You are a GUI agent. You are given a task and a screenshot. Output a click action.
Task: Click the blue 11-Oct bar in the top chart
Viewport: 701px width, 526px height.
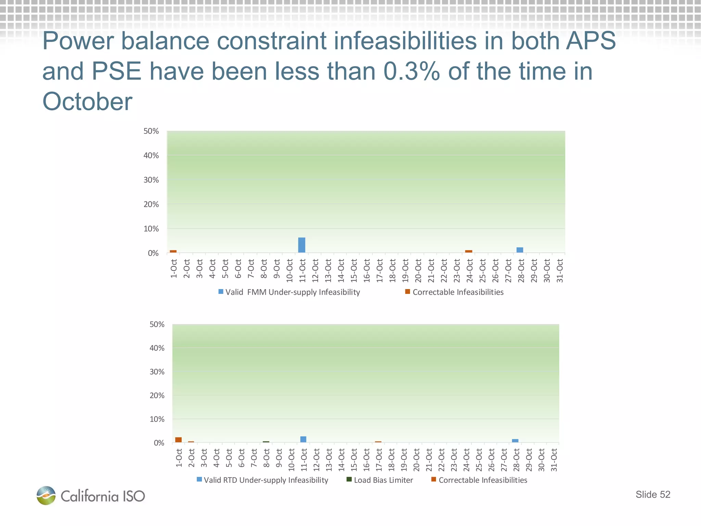[302, 245]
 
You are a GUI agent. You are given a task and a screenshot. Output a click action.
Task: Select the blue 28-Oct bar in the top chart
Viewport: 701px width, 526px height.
[520, 250]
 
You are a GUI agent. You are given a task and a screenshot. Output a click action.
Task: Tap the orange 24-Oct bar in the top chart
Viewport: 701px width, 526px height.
[469, 251]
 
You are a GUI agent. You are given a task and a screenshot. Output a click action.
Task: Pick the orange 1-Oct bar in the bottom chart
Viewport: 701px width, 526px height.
[178, 440]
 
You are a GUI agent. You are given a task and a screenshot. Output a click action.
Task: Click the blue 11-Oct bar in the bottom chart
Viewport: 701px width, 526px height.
[303, 439]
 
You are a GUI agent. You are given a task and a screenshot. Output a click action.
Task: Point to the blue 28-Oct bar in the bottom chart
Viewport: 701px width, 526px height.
[515, 441]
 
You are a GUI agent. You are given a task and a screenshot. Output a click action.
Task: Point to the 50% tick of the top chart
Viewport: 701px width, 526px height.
[151, 131]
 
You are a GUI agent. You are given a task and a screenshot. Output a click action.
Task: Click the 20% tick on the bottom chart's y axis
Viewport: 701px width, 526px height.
[157, 396]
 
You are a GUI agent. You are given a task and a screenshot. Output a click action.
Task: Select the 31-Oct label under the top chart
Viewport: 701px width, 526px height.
[560, 271]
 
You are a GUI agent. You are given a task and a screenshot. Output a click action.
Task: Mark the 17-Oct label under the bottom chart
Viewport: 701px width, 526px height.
[379, 460]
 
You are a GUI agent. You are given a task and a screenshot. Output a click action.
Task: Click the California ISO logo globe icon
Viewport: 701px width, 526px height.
[46, 496]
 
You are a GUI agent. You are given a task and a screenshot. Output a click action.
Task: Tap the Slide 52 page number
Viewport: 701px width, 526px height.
[653, 494]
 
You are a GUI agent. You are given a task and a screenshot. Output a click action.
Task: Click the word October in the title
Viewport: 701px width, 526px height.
[87, 102]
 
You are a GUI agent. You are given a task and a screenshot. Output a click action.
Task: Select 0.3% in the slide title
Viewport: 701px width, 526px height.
[411, 71]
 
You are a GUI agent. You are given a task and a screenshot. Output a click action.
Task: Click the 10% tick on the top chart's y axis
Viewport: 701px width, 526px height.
[151, 229]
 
